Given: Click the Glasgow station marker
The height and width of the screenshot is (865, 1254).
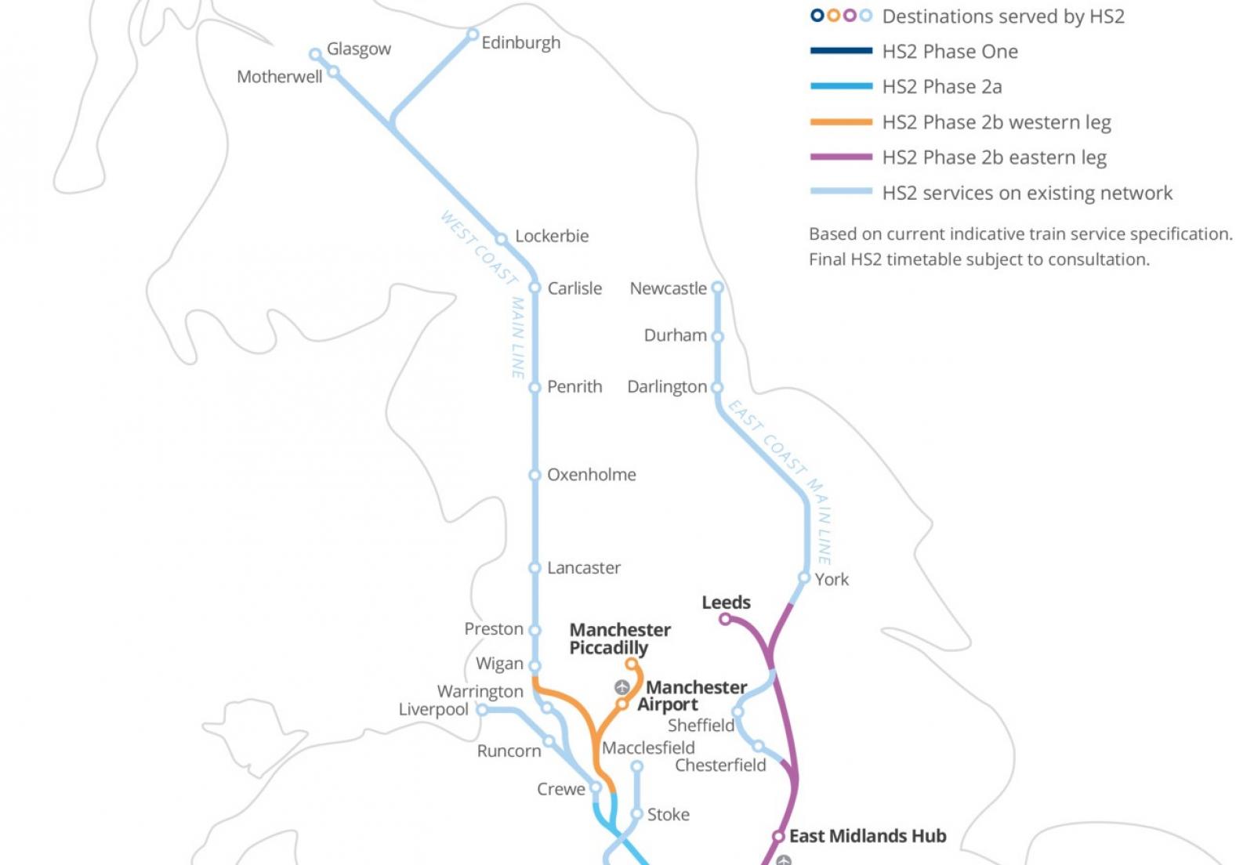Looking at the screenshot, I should [315, 54].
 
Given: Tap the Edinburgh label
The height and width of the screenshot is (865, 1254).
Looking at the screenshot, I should [520, 43].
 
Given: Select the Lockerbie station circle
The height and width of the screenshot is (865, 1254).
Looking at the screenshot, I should [502, 239].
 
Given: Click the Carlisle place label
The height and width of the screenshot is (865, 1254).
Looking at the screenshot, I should [574, 288].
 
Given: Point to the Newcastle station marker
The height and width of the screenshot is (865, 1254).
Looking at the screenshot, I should [717, 288].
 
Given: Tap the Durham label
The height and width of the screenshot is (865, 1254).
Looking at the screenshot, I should [675, 335].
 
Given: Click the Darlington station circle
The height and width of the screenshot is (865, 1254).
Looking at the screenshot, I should [716, 387].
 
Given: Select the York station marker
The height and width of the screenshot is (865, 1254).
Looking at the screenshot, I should [803, 578].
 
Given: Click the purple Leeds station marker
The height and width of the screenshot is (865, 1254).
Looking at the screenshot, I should [725, 619].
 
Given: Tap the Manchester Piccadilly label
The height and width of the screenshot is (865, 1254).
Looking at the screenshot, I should [619, 639].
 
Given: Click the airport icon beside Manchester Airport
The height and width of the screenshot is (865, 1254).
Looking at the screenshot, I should [622, 687].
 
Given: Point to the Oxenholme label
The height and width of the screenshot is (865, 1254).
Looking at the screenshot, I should [591, 475].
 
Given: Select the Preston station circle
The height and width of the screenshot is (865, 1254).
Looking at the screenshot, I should [535, 630].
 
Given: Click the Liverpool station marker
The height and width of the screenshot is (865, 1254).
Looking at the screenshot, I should [483, 710].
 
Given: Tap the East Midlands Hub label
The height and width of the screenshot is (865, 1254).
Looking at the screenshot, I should [867, 836].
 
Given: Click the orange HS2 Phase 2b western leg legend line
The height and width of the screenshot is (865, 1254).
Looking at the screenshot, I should [841, 122].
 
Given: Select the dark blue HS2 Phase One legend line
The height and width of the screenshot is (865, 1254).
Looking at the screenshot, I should [841, 51].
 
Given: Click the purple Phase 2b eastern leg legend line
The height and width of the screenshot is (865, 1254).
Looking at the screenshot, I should [841, 157].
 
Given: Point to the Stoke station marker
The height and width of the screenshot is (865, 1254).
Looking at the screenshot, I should [637, 814].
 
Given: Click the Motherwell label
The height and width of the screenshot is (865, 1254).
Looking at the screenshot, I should [279, 77].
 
